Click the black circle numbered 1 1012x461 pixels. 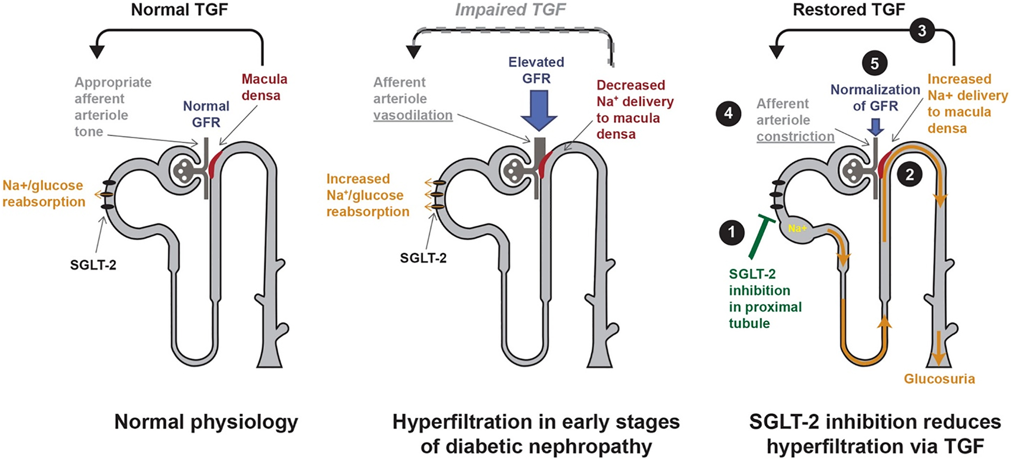[732, 232]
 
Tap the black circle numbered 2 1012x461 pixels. [909, 175]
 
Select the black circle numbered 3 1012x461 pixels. [922, 31]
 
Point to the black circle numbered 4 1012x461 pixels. [729, 113]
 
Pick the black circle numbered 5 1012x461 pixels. [874, 64]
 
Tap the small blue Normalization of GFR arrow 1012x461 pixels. [875, 127]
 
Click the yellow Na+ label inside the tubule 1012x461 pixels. [797, 229]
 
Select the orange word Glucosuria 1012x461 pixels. [939, 379]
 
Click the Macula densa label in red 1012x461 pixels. [264, 87]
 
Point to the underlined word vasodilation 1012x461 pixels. [413, 115]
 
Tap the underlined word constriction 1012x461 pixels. [795, 137]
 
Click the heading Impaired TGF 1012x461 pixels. [510, 10]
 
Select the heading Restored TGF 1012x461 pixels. [848, 10]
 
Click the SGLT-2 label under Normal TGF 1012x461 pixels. [93, 264]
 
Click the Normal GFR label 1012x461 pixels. [206, 114]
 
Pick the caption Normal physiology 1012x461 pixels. [206, 422]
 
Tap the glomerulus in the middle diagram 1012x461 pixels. [515, 169]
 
